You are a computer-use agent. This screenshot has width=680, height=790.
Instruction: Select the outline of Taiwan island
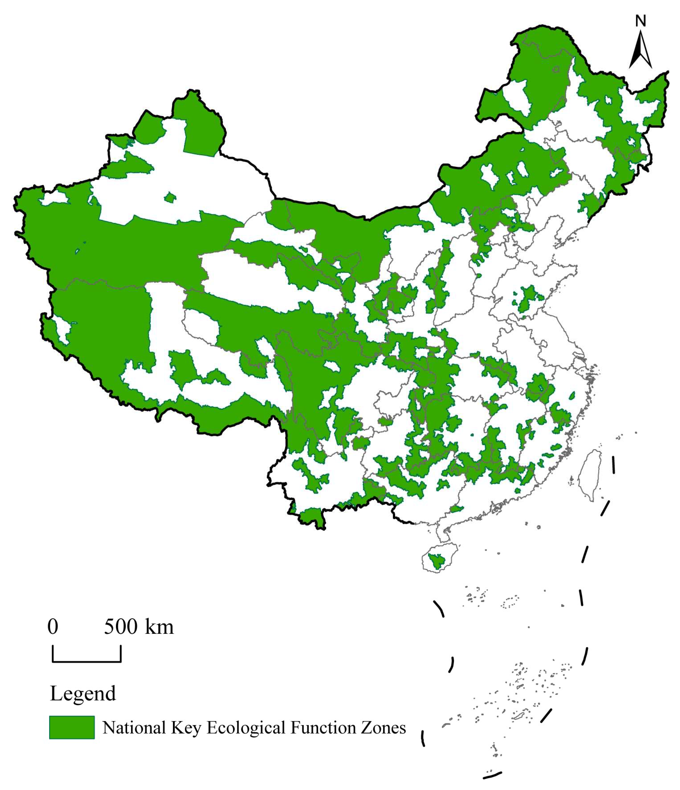pos(590,475)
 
